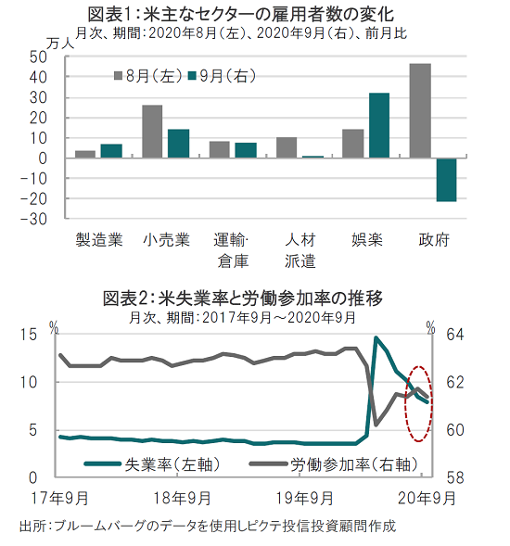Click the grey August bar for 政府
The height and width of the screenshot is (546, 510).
coord(420,110)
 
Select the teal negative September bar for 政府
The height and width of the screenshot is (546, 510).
coord(446,180)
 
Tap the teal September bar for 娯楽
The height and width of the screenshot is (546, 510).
coord(379,125)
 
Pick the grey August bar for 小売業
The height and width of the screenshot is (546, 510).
coord(152,132)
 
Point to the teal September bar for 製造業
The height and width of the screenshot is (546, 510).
coord(111,151)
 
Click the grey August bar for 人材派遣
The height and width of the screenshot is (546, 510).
coord(287,147)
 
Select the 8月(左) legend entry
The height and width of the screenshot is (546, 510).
coord(148,76)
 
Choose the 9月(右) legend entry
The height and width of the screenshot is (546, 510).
coord(222,76)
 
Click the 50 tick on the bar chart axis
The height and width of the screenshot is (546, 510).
coord(38,57)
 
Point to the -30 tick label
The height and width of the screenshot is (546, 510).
coord(33,220)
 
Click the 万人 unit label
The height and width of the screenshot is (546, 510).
coord(60,44)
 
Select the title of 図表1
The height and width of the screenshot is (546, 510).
coord(241,15)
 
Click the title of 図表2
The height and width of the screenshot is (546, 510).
coord(243,298)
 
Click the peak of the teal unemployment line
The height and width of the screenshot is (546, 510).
coord(376,337)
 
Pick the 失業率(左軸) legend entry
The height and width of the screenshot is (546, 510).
coord(153,464)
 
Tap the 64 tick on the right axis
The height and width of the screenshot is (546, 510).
coord(455,335)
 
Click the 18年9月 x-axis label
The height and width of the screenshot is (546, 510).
coord(182,499)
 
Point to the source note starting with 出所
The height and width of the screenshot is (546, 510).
coord(208,527)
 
